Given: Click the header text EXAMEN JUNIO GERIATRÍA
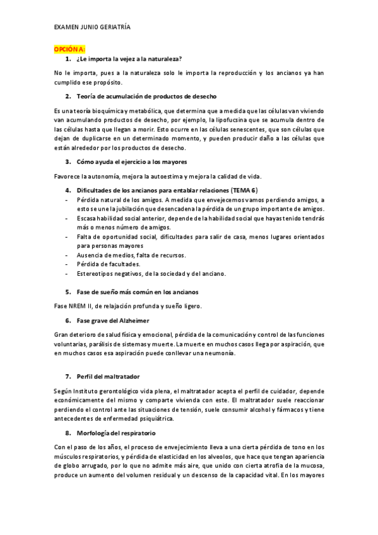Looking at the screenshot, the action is point(92,28).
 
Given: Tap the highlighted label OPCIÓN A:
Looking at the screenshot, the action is point(69,49).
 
